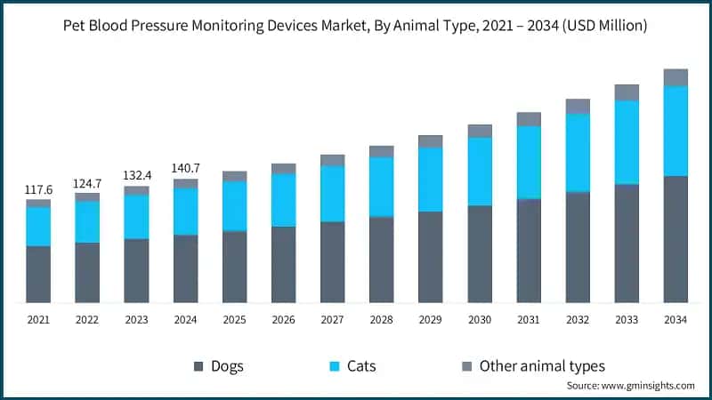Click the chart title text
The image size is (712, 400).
(x=356, y=27)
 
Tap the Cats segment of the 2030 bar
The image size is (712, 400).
(x=480, y=172)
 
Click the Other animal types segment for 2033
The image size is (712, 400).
(x=627, y=92)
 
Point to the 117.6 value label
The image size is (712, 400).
(x=38, y=189)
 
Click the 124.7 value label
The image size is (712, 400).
(x=87, y=183)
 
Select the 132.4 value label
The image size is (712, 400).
(x=136, y=176)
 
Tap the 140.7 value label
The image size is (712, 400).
(x=185, y=168)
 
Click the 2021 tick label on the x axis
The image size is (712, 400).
(x=38, y=318)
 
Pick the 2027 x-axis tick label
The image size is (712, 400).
(x=332, y=318)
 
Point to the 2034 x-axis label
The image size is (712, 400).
(x=676, y=318)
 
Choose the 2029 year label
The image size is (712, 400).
(x=431, y=318)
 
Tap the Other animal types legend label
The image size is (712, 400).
(x=542, y=366)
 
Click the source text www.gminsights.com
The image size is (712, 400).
(x=630, y=386)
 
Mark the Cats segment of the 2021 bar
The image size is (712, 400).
(x=38, y=226)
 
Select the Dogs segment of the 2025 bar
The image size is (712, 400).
(x=234, y=267)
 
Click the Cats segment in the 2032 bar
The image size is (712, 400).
(x=578, y=152)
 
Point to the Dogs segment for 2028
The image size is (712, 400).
(x=381, y=260)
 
